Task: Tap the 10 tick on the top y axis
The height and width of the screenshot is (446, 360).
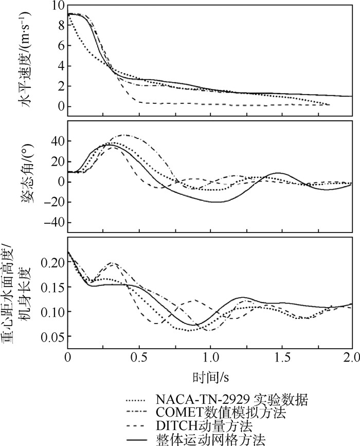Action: coord(57,6)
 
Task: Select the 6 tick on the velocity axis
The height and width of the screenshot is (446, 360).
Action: coord(59,46)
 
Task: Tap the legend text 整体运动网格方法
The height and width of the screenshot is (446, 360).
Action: coord(211,439)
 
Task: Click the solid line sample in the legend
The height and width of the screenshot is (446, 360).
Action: coord(137,440)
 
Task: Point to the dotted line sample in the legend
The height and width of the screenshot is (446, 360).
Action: coord(137,400)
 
